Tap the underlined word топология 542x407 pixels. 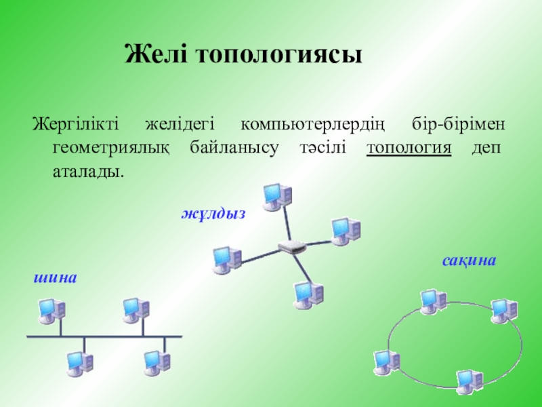coord(409,149)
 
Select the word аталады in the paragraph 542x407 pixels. coord(88,171)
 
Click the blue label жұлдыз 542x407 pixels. coord(212,214)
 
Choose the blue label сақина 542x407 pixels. coord(470,260)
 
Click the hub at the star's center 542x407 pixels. coord(292,247)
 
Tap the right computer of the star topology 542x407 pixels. coord(345,231)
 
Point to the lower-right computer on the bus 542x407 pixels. coord(157,363)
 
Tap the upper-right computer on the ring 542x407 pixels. coord(503,310)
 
